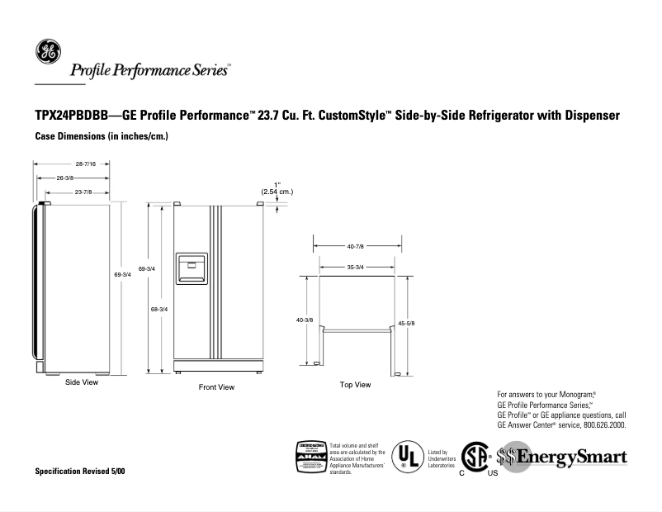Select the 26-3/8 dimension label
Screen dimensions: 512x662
[x=64, y=178]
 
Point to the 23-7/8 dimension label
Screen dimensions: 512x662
[x=82, y=192]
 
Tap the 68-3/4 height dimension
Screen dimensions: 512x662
[x=159, y=309]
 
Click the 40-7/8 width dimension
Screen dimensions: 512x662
[x=357, y=246]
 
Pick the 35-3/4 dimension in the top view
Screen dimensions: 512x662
[x=357, y=267]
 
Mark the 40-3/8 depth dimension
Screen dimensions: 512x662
[x=304, y=320]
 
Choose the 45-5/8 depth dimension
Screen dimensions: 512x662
[x=406, y=323]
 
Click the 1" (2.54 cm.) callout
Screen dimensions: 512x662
[x=277, y=187]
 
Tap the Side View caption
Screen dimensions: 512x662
[x=82, y=382]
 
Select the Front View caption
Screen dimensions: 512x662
[x=216, y=387]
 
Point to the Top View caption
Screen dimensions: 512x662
[x=355, y=385]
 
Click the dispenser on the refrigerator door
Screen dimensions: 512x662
[x=192, y=268]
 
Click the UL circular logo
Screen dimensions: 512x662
[x=404, y=456]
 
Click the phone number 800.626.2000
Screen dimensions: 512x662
[x=599, y=425]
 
